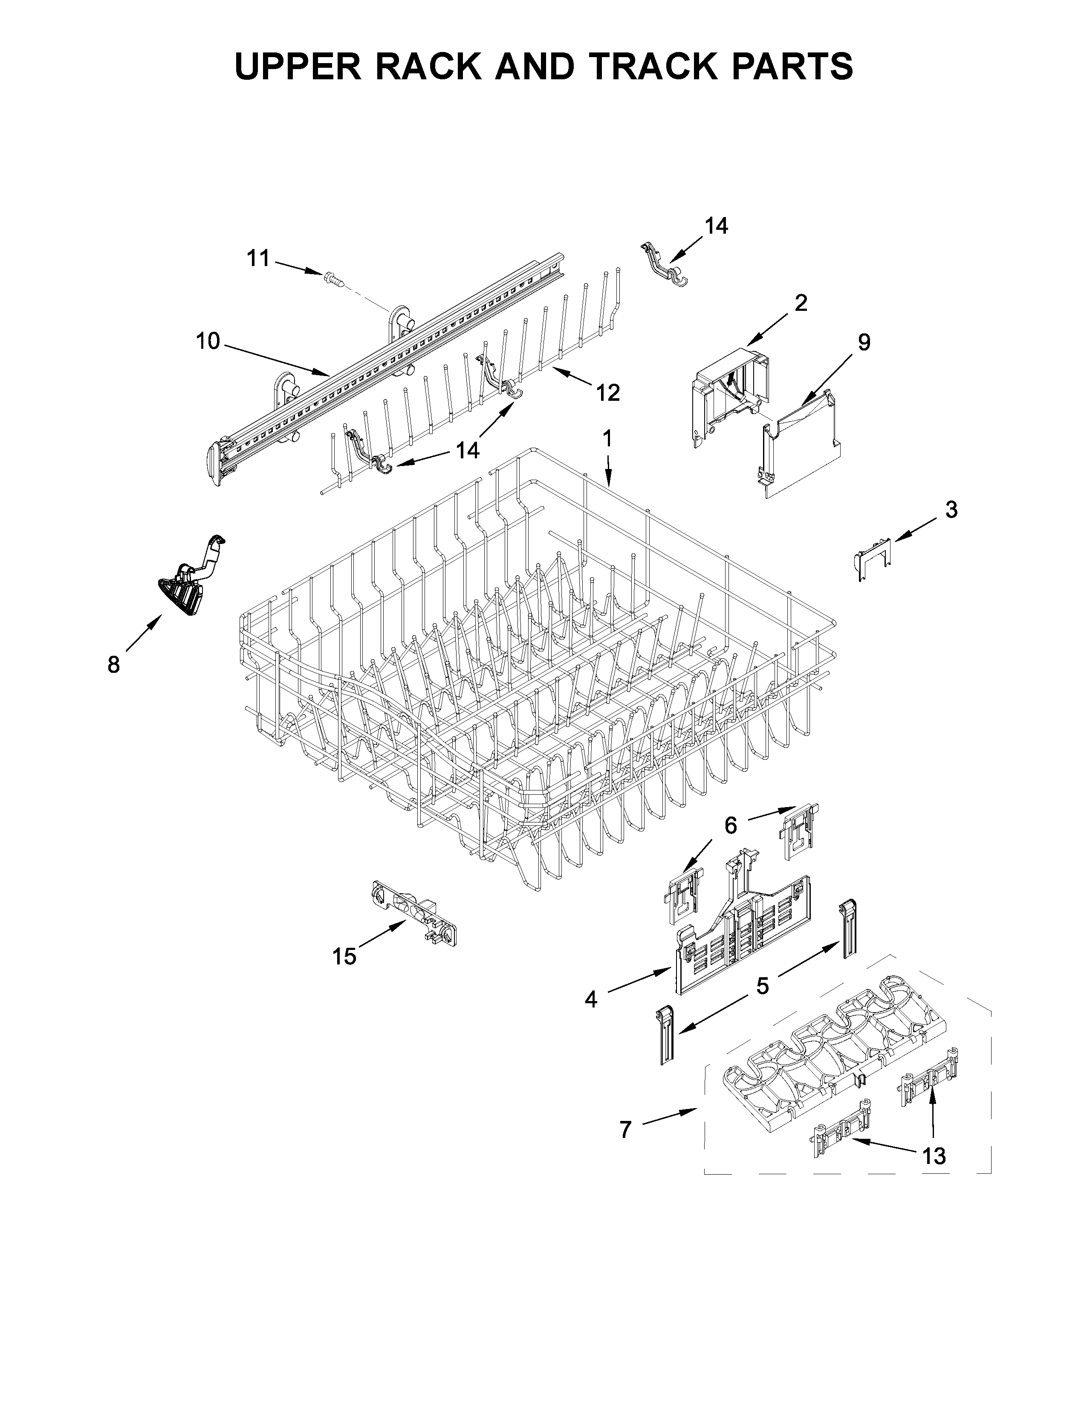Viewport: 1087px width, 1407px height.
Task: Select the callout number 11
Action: [x=258, y=258]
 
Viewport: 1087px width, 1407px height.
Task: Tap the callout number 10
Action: [x=207, y=342]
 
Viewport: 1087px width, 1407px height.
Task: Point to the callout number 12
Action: [x=607, y=392]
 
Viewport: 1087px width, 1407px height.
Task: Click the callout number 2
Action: [x=801, y=302]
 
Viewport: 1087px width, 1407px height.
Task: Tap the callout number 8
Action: [x=113, y=664]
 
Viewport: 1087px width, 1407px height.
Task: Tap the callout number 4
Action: [x=590, y=999]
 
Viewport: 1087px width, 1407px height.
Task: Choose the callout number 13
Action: [x=934, y=1156]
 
